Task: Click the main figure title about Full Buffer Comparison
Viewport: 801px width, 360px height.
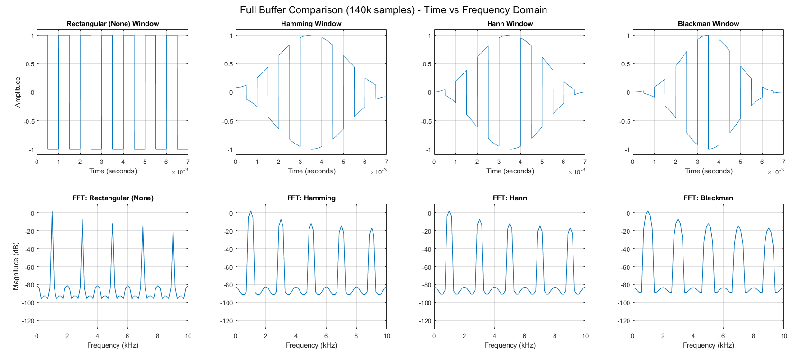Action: coord(393,10)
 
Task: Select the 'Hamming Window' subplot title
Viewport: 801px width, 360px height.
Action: coord(311,24)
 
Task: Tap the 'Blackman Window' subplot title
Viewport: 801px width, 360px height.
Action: coord(708,24)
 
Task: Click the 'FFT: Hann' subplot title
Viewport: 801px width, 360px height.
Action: coord(510,198)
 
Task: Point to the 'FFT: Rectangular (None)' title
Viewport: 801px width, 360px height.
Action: coord(113,198)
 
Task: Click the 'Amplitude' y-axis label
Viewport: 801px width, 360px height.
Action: coord(18,92)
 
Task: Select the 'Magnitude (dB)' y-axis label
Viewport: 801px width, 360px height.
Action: coord(16,266)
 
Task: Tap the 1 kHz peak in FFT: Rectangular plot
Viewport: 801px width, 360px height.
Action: coord(52,212)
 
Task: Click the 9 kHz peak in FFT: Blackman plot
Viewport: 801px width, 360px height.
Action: coord(769,228)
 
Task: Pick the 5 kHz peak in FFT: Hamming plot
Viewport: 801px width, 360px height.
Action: coord(311,224)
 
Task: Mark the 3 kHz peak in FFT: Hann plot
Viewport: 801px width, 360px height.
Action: coord(480,220)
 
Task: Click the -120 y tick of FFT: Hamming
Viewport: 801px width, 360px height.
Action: coord(226,321)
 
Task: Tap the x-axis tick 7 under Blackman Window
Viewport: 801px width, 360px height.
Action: coord(783,162)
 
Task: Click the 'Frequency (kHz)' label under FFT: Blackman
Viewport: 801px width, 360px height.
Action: coord(708,345)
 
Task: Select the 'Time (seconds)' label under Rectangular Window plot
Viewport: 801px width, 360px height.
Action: coord(113,171)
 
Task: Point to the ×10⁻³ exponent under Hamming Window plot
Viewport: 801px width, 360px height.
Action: coord(378,172)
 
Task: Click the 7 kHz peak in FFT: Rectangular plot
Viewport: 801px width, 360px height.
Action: coord(143,226)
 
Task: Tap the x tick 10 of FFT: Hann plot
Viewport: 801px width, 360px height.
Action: coord(585,336)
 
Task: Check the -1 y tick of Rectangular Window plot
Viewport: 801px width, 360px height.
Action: coord(32,150)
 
